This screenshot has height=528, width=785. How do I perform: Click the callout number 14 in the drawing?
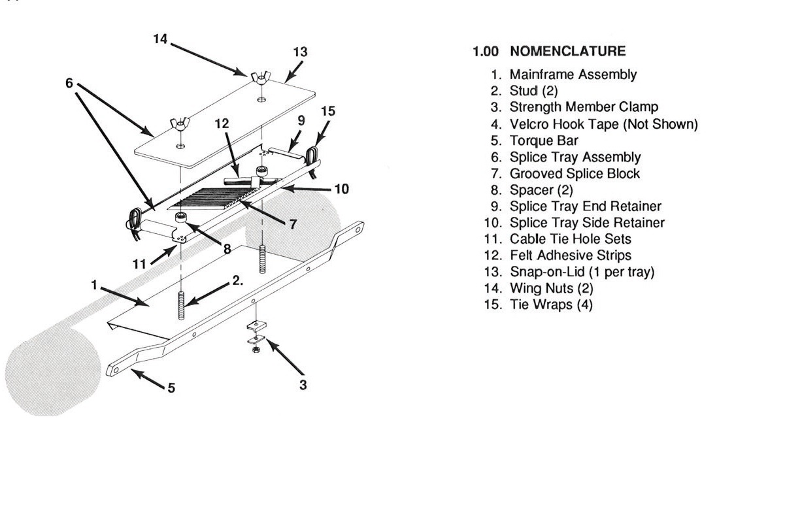point(160,39)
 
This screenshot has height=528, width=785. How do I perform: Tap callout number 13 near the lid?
point(300,52)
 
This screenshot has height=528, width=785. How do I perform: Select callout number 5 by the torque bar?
point(171,388)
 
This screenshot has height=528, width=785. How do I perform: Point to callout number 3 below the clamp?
point(303,385)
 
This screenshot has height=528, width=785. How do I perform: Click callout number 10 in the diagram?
point(341,190)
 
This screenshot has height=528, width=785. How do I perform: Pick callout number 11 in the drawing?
point(139,264)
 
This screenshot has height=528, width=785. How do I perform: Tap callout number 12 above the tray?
point(222,123)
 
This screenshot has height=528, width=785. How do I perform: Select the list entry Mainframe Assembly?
point(573,74)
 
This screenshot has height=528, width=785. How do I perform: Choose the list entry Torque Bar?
point(544,140)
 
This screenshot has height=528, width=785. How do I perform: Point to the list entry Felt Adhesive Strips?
point(570,256)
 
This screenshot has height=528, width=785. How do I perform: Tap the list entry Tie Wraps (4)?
point(551,305)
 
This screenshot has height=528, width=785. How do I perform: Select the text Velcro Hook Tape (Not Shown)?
point(603,124)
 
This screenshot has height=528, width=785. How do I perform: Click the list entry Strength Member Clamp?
point(584,107)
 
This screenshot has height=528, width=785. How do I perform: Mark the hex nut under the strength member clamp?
point(256,350)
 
